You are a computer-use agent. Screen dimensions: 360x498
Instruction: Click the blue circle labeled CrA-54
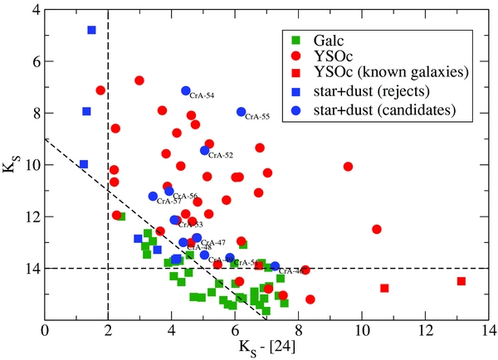pos(186,91)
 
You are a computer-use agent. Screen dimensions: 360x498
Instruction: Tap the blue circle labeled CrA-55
pos(242,112)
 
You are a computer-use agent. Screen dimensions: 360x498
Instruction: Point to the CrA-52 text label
pos(221,155)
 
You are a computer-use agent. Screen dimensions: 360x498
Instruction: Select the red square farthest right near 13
pos(461,281)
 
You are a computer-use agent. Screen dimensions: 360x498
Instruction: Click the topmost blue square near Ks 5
pos(91,30)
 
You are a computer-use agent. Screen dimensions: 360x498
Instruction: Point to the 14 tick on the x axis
pos(489,328)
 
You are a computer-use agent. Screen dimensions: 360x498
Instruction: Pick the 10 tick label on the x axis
pos(362,328)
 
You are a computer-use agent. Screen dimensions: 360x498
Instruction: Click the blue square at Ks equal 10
pos(83,164)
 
